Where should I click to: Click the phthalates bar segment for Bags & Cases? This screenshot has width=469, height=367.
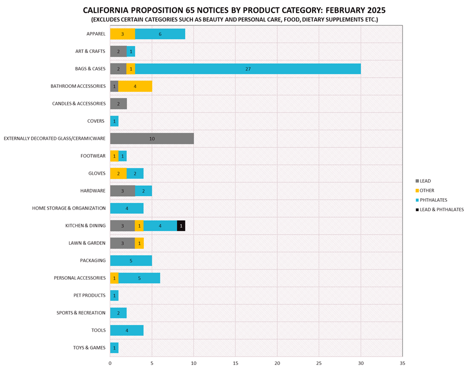coord(248,69)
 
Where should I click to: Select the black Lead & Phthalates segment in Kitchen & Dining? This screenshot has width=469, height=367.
coord(181,226)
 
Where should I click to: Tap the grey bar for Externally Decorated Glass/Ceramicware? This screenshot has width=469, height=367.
coord(152,138)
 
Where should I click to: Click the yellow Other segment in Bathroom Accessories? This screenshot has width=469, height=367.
coord(135,86)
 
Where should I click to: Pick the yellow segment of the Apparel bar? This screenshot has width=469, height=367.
coord(122,34)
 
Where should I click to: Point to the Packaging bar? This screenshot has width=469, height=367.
coord(131,261)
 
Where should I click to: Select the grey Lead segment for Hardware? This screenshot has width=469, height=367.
coord(122,191)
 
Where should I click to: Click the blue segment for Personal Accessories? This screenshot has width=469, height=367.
coord(139,278)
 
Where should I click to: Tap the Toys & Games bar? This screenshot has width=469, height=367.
coord(114,348)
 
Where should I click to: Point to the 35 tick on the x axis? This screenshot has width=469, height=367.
coord(402,363)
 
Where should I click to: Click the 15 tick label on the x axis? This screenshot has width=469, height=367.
coord(235,363)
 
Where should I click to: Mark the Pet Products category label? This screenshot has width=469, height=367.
coord(89,296)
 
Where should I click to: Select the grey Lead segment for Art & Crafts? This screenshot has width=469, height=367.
coord(118,51)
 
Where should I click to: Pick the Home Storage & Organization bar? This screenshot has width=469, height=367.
coord(127,208)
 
